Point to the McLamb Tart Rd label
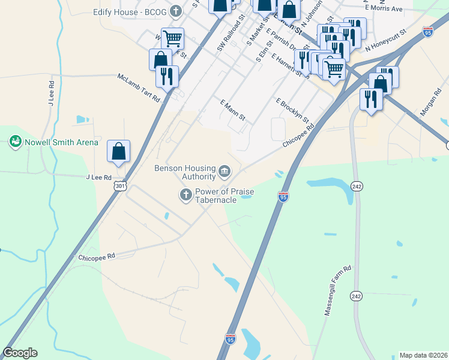[139, 87]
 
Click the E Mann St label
[233, 110]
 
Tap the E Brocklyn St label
[292, 110]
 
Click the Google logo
[20, 353]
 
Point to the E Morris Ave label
[387, 9]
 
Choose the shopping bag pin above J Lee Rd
[118, 151]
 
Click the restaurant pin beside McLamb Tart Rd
[167, 76]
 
